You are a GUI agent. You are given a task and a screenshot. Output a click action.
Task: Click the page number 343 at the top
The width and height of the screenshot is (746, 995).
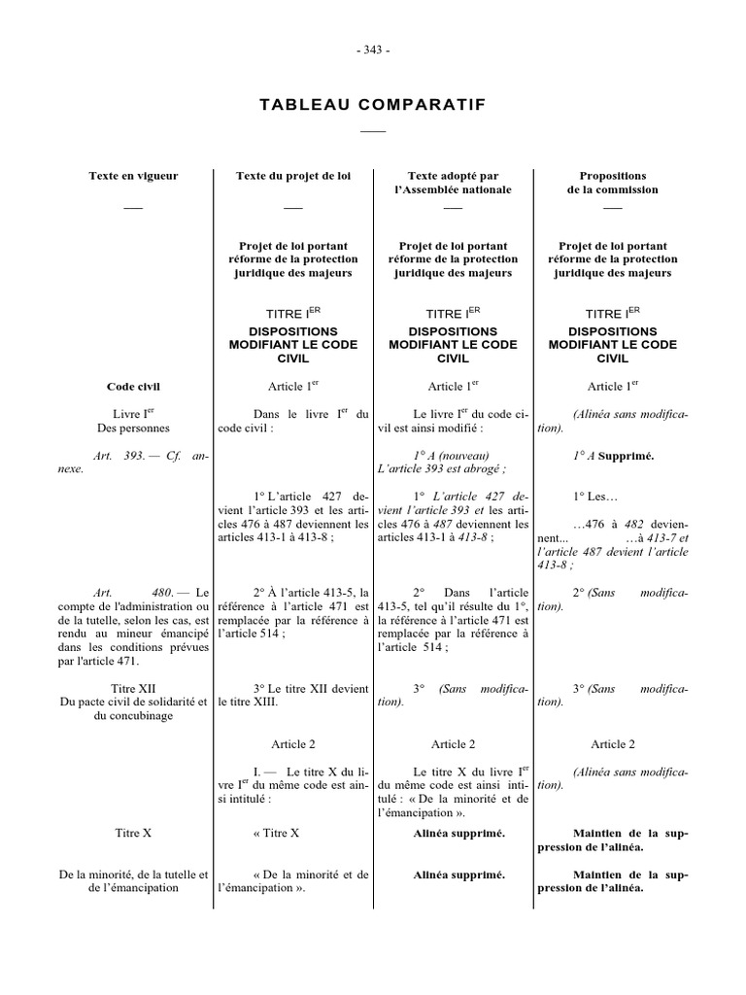click(x=372, y=51)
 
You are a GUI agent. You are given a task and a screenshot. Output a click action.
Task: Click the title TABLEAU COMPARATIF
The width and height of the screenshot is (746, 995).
click(x=372, y=105)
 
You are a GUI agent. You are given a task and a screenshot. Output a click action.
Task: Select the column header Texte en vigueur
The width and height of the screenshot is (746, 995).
click(x=133, y=176)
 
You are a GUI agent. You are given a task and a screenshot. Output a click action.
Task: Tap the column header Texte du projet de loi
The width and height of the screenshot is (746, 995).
click(x=292, y=176)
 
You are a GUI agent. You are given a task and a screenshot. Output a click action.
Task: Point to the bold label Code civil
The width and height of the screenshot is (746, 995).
click(x=133, y=386)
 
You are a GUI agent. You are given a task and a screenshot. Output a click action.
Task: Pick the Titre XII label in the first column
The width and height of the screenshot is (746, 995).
click(x=133, y=688)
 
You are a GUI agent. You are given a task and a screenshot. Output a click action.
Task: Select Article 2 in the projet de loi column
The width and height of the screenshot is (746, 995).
click(x=292, y=744)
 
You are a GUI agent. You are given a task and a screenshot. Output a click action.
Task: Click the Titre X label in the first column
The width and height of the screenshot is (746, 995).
click(x=133, y=833)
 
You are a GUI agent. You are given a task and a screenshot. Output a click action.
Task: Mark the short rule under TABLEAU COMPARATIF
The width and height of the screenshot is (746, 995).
click(x=372, y=130)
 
